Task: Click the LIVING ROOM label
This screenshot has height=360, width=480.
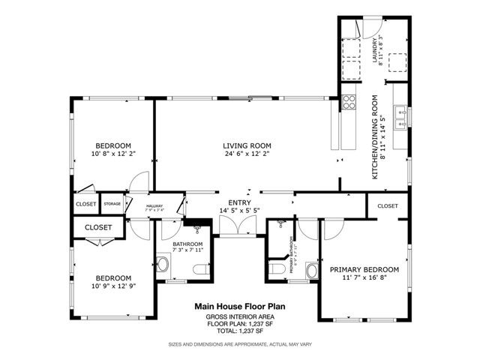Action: click(x=246, y=145)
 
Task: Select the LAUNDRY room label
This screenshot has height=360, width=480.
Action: click(x=375, y=50)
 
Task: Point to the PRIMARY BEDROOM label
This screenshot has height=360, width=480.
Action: click(x=364, y=268)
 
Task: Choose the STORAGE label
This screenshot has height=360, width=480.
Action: click(x=112, y=204)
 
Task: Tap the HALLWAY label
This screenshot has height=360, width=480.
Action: click(x=154, y=206)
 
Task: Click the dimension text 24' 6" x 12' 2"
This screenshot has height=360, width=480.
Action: click(x=246, y=154)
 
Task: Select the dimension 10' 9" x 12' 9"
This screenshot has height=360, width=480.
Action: click(x=113, y=286)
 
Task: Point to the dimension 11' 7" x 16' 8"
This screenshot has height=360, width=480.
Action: click(x=364, y=277)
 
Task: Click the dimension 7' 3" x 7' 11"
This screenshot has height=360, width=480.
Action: click(x=187, y=251)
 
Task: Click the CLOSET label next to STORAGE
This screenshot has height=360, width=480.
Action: click(x=85, y=204)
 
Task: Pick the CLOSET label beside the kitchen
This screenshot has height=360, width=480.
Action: click(x=388, y=205)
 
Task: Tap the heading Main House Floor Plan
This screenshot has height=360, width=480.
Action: click(x=240, y=306)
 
